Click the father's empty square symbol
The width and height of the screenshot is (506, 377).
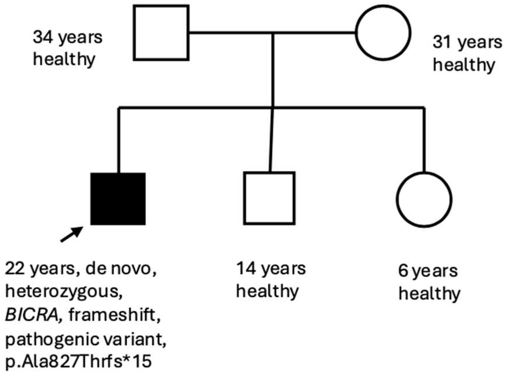tap(161, 33)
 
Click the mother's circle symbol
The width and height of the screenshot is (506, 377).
tap(383, 33)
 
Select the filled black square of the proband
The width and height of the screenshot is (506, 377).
tap(118, 199)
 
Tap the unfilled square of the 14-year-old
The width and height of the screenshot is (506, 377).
tap(269, 198)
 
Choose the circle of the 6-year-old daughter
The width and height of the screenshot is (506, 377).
tap(424, 200)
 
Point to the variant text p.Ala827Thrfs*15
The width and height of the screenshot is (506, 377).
tap(78, 362)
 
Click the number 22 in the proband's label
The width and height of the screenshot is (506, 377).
tap(16, 269)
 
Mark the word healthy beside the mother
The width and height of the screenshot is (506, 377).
tap(464, 65)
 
